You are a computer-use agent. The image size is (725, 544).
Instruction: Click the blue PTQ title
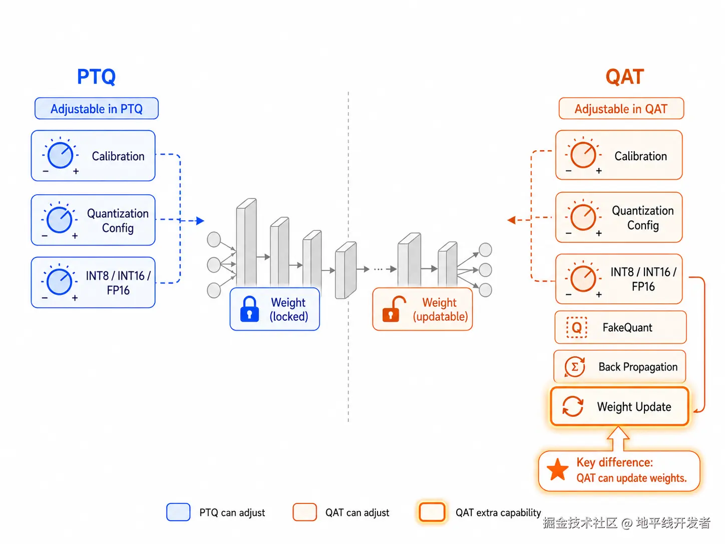96,77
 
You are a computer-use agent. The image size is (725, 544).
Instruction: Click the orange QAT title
624,77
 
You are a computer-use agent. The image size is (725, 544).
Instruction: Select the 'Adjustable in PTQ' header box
97,108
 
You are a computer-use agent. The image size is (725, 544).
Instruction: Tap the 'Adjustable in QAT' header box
621,108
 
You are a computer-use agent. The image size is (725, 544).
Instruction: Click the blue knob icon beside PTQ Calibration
60,155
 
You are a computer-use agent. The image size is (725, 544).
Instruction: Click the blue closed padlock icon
249,309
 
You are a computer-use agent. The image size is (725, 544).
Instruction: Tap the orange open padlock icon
393,309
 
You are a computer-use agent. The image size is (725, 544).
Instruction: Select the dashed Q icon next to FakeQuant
577,327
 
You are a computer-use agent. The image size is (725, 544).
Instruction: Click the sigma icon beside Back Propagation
575,367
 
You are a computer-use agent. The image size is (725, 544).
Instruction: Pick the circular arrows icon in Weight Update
573,406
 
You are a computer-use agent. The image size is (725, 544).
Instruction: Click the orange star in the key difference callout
558,469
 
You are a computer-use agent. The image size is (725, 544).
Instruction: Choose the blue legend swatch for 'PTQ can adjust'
178,512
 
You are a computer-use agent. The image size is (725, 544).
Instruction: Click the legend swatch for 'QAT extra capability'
432,512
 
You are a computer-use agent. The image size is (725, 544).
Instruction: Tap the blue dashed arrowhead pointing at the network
200,220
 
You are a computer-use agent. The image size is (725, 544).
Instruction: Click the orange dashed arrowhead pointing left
511,220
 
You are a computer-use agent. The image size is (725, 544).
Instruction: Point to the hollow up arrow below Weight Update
618,438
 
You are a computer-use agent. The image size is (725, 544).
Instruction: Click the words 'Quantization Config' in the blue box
118,220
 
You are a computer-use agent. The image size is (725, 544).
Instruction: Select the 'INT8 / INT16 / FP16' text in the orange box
643,279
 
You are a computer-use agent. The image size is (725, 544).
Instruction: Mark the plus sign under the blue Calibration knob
76,171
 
